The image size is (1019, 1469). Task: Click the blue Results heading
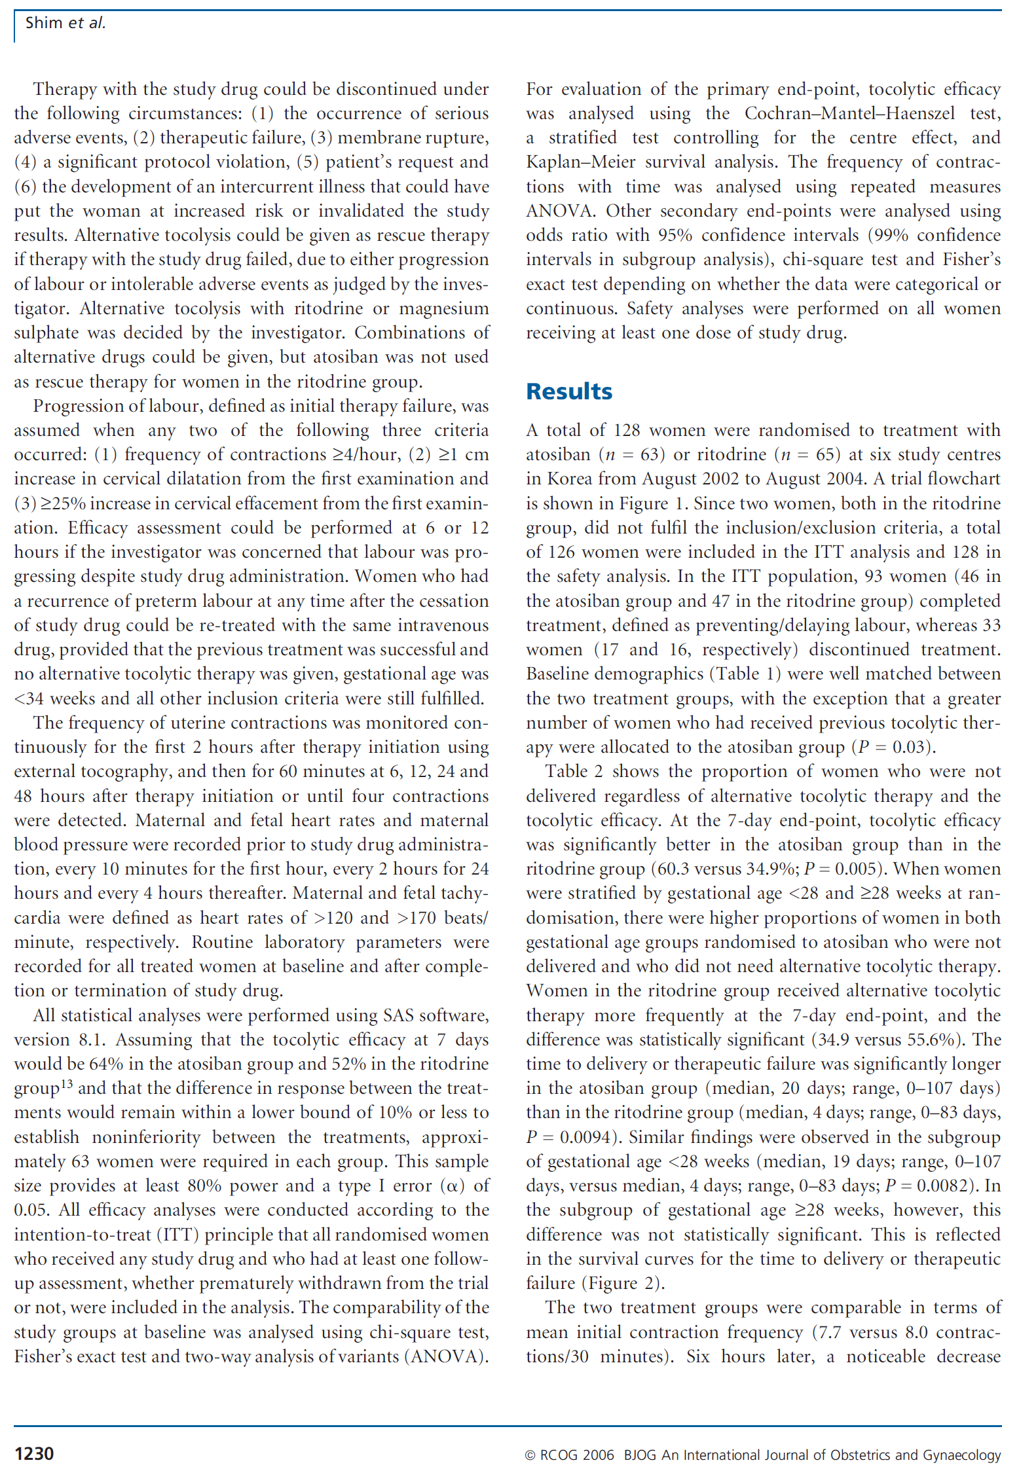point(569,391)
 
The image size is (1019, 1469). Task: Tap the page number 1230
point(34,1454)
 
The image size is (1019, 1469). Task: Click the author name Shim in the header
point(43,23)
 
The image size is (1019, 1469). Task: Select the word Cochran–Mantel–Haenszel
point(849,113)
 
